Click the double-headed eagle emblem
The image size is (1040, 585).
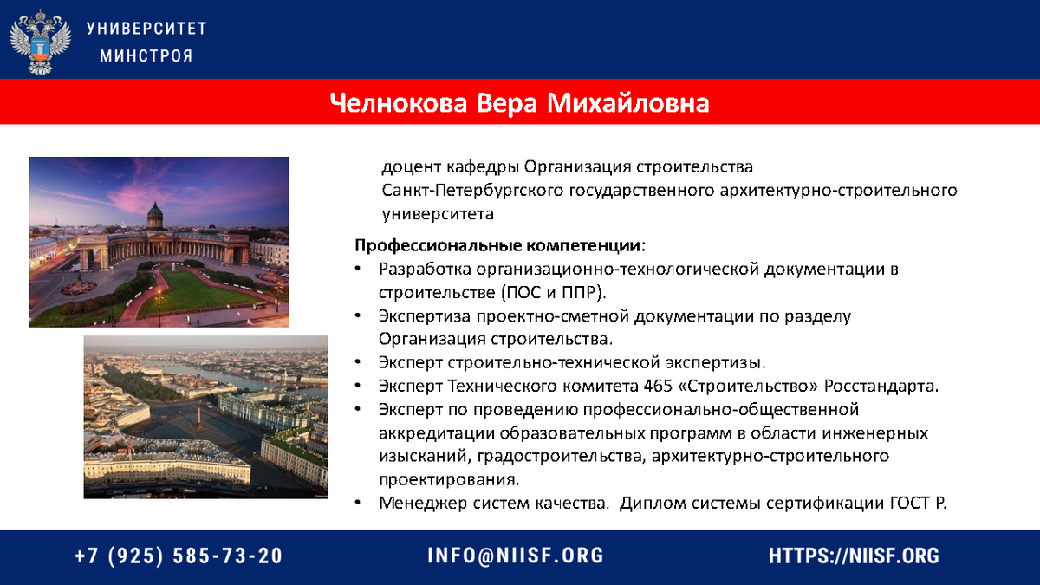41,42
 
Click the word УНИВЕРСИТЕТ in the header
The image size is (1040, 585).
146,29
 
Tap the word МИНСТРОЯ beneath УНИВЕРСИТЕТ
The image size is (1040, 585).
146,56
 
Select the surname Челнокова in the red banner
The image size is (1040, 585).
399,102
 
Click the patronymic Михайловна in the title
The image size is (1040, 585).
628,102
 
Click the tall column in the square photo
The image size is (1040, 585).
199,414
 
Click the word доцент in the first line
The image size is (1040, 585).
411,167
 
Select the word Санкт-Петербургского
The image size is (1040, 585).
472,191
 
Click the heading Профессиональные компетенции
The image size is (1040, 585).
498,245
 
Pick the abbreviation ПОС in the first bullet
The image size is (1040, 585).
523,293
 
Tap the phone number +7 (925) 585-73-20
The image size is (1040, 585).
179,556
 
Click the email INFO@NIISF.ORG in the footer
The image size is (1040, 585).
516,556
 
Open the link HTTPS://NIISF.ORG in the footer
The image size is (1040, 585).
854,556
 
